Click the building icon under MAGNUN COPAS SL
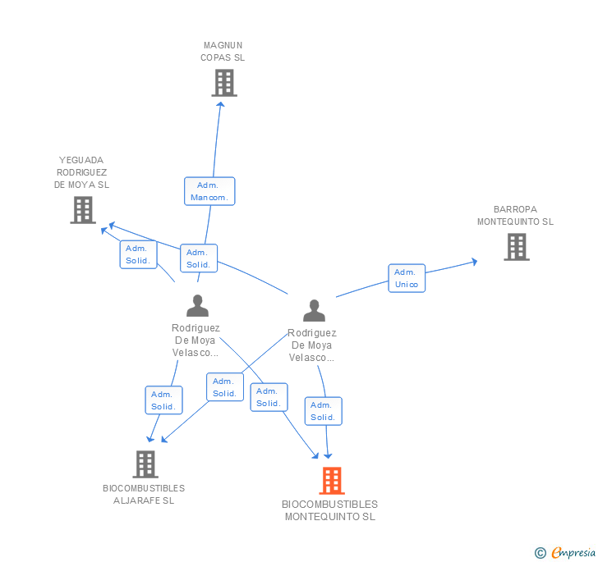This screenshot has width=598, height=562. [x=224, y=83]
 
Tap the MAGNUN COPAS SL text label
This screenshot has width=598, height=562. [x=223, y=52]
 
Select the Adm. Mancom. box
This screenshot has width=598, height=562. [x=209, y=191]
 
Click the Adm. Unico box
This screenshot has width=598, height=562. [x=407, y=278]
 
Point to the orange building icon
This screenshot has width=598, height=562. [x=332, y=481]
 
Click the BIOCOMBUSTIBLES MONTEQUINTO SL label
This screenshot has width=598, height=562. [x=330, y=510]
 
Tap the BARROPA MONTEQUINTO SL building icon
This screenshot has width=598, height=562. [x=517, y=247]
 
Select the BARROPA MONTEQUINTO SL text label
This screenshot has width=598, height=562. [x=515, y=215]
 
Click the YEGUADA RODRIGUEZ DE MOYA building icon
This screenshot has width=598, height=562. [x=83, y=210]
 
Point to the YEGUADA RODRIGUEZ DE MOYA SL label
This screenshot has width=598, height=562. [x=81, y=172]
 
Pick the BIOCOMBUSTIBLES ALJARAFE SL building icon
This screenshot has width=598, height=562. [x=145, y=464]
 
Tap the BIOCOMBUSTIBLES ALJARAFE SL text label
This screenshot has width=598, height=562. [x=144, y=494]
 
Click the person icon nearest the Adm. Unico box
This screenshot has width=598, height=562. [x=315, y=310]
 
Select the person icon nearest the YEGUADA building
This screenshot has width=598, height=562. [x=197, y=305]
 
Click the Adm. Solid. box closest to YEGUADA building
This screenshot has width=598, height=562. [x=139, y=254]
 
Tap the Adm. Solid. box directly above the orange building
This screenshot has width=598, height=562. [x=324, y=411]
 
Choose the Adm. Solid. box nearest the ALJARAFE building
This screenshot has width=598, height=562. [x=164, y=400]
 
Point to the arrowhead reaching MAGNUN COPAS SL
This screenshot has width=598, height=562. [x=220, y=104]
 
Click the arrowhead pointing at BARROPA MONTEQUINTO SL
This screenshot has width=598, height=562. [x=474, y=262]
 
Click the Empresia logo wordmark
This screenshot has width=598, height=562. [x=573, y=552]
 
